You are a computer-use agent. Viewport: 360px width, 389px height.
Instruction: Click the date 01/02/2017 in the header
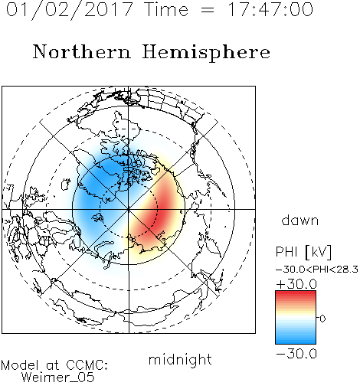pyautogui.click(x=69, y=10)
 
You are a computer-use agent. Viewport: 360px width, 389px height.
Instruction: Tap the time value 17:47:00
pyautogui.click(x=270, y=9)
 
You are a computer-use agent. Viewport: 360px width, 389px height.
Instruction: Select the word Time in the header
pyautogui.click(x=166, y=9)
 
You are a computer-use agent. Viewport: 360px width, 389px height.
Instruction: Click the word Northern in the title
pyautogui.click(x=82, y=51)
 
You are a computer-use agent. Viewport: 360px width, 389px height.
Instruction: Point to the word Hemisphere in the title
pyautogui.click(x=206, y=53)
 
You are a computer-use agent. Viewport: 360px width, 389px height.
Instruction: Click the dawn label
pyautogui.click(x=300, y=220)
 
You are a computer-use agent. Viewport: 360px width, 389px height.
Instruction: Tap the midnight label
pyautogui.click(x=180, y=360)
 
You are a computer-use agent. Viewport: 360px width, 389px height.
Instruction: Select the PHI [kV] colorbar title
pyautogui.click(x=303, y=252)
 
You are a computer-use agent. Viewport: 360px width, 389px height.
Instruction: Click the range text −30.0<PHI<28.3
pyautogui.click(x=317, y=270)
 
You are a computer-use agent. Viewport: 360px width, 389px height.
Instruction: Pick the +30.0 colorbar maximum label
pyautogui.click(x=296, y=284)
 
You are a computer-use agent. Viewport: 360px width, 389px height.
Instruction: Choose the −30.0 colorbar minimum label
pyautogui.click(x=296, y=354)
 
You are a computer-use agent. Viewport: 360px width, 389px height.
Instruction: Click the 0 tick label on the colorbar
pyautogui.click(x=322, y=319)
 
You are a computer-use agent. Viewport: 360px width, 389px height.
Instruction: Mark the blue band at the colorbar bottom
pyautogui.click(x=296, y=339)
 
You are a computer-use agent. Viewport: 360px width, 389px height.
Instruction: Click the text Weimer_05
pyautogui.click(x=58, y=378)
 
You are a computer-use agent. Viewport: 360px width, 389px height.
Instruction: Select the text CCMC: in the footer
pyautogui.click(x=87, y=365)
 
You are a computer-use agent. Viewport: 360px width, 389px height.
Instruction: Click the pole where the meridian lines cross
pyautogui.click(x=129, y=209)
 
